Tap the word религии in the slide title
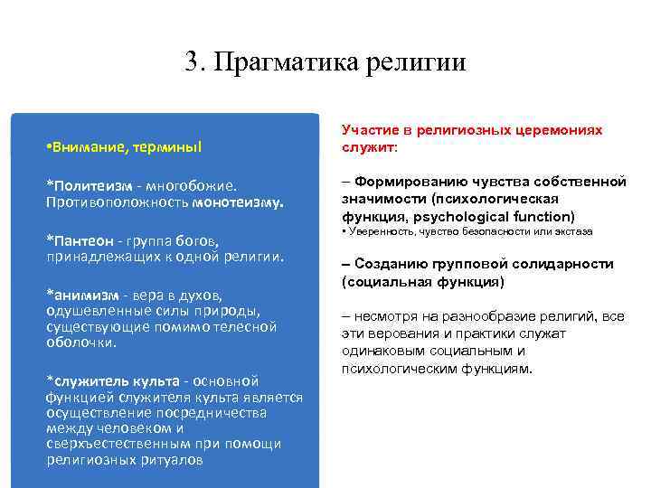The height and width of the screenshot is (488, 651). coord(417,62)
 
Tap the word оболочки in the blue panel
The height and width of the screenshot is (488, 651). coord(81,343)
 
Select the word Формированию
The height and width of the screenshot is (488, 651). coord(406,182)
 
